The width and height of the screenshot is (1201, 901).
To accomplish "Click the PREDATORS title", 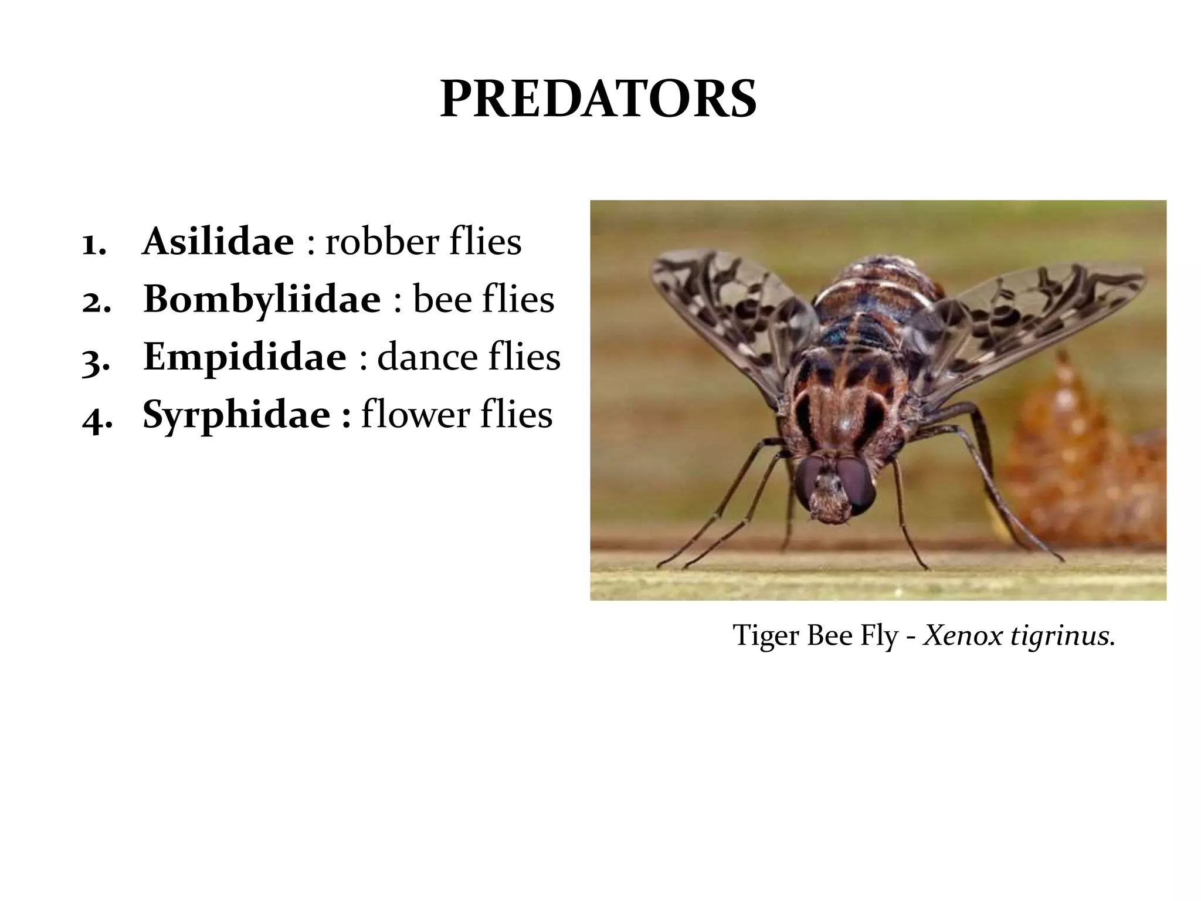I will pos(598,99).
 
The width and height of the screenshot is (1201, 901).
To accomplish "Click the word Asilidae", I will pos(218,241).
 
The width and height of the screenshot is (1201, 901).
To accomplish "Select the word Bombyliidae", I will pos(262,299).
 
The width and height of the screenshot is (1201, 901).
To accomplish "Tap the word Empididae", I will pos(245,357).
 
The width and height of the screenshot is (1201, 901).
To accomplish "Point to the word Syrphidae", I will pos(236,414).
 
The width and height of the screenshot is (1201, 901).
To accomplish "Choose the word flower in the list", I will pos(415,414).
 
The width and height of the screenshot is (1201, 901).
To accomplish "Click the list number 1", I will pos(94,243).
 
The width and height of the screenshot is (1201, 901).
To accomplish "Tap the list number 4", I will pos(96,416).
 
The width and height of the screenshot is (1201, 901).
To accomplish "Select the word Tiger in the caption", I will pos(766,635).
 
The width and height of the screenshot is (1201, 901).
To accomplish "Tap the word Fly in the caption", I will pos(879,636).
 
